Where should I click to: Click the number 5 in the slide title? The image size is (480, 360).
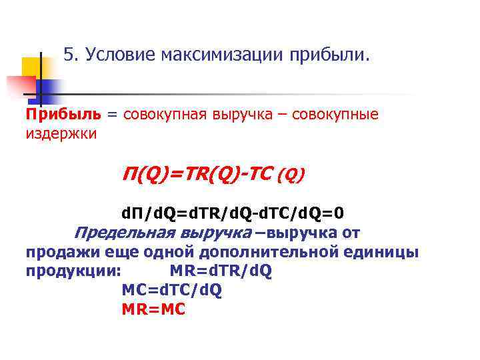point(69,55)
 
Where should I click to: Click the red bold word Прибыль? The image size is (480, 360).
point(63,114)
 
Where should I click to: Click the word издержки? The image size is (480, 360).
point(61,133)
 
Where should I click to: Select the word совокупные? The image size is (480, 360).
point(341,114)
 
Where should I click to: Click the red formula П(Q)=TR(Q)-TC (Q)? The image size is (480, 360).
point(213,175)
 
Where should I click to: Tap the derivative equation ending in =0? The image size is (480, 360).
point(233,213)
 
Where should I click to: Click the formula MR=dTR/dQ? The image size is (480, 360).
point(221,272)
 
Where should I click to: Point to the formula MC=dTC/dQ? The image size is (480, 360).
point(172,291)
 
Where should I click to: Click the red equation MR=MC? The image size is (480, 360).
point(154,310)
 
